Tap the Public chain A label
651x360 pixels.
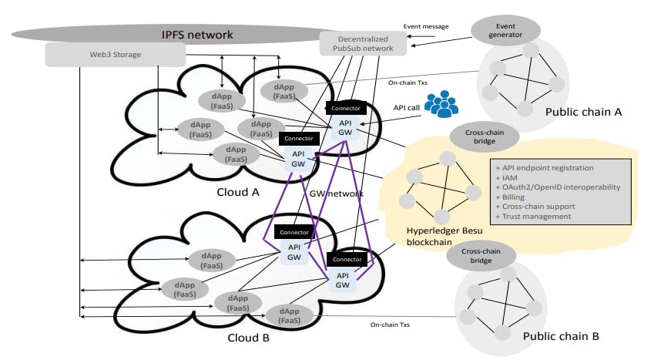click(x=579, y=112)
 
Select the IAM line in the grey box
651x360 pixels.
click(x=509, y=176)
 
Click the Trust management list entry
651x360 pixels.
click(x=535, y=216)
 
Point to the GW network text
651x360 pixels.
click(x=336, y=193)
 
